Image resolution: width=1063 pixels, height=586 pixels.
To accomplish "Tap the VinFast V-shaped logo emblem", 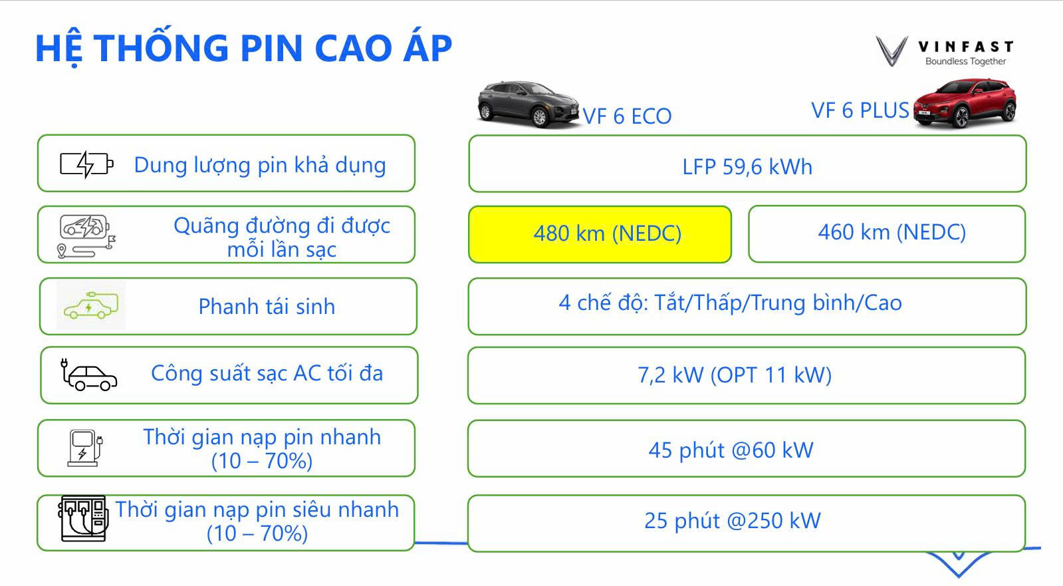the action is [x=891, y=51].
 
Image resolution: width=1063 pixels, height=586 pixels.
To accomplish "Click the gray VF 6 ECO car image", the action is [x=529, y=104].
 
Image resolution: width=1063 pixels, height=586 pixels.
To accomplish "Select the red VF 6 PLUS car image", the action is [x=965, y=103].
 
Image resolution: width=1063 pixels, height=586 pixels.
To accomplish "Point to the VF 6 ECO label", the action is [x=627, y=116].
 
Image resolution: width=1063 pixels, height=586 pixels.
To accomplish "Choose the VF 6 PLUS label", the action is [x=860, y=110].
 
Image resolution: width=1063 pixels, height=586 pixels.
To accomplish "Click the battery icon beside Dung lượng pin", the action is [x=86, y=165].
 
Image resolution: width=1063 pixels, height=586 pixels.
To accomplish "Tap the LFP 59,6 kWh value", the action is [x=747, y=167].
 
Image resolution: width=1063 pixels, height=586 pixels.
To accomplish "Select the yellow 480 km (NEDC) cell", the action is [x=600, y=234].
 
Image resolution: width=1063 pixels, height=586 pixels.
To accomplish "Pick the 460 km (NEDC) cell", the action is [x=887, y=233].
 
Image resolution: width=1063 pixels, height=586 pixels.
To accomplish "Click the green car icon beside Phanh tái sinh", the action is [x=91, y=305].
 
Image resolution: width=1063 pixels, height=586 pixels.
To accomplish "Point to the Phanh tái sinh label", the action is [x=267, y=307].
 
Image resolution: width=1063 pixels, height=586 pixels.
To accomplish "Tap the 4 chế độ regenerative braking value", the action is [x=731, y=303].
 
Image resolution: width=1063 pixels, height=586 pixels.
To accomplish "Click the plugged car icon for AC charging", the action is [x=88, y=374].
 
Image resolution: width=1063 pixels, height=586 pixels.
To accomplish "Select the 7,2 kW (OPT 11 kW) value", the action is [x=735, y=375].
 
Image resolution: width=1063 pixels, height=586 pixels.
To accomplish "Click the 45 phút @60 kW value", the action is [x=731, y=450].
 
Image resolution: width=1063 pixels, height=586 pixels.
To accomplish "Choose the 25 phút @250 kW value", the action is [x=732, y=521].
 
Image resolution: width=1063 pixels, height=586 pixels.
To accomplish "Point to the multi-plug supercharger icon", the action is [x=84, y=519].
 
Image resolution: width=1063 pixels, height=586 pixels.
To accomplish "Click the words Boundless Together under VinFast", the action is [x=965, y=61].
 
